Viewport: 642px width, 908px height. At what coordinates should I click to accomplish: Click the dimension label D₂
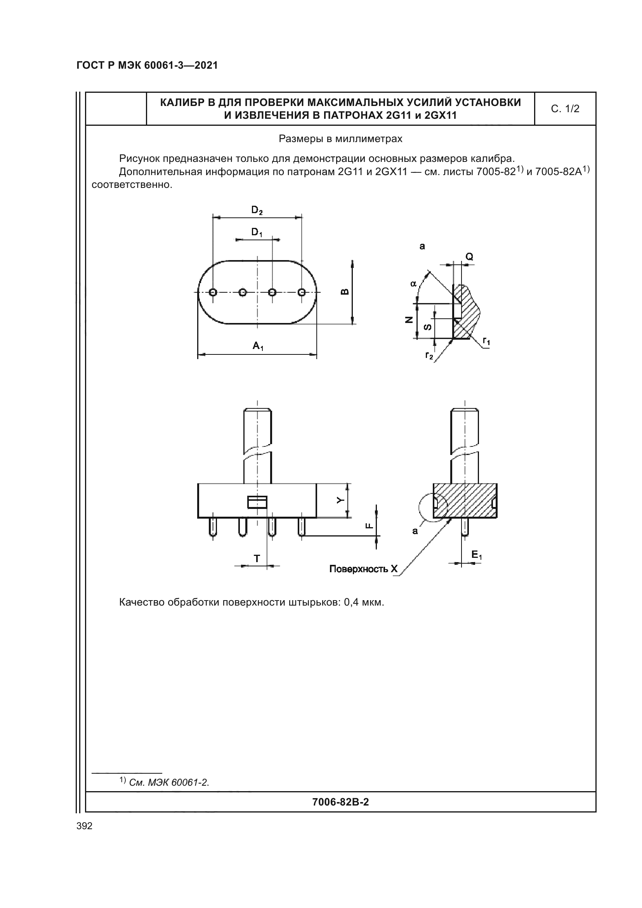pos(257,210)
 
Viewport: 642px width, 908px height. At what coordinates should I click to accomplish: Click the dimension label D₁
pos(257,233)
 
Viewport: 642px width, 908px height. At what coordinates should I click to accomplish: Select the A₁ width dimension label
pos(258,346)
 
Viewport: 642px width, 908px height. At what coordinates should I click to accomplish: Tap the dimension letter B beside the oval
pos(345,292)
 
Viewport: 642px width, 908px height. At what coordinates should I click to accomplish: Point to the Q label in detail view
pos(469,257)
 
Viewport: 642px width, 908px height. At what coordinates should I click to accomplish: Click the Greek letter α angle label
pos(413,283)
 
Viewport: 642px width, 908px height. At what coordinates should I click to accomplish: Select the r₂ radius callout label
pos(429,355)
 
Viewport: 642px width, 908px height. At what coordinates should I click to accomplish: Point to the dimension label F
pos(368,526)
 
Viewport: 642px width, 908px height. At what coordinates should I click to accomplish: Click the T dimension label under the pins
pos(257,558)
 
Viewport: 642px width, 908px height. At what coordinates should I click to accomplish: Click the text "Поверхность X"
pos(363,569)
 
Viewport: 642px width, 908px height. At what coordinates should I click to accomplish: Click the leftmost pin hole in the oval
pos(213,292)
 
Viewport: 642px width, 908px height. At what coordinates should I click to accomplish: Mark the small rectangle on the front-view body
pos(257,502)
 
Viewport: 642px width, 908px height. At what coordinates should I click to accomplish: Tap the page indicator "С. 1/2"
pos(565,109)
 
